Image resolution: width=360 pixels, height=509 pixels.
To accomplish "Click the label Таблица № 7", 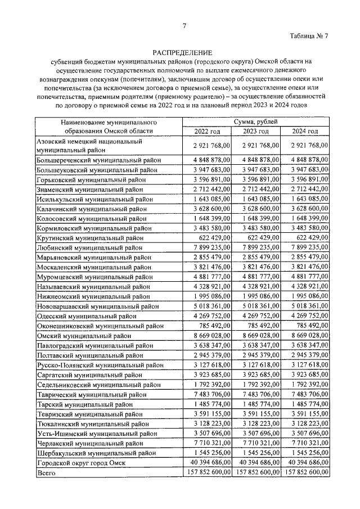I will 309,37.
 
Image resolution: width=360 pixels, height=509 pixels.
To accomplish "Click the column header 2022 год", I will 208,131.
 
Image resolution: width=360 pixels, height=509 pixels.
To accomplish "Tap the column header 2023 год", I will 256,131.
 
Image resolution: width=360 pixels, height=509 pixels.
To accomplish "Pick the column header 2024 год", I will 305,131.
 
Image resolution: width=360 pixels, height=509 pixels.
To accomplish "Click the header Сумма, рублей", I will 256,121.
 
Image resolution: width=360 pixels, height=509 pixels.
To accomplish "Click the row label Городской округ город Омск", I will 81,463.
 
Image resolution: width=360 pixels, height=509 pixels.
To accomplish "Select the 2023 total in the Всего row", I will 257,473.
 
